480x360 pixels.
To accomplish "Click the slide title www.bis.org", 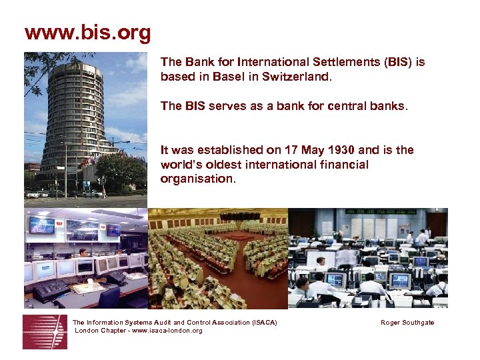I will [x=87, y=33].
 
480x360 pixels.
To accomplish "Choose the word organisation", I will [x=197, y=179].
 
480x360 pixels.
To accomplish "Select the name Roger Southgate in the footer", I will [x=407, y=323].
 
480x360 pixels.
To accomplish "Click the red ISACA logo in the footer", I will [x=45, y=331].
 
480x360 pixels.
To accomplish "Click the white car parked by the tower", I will [x=32, y=194].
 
